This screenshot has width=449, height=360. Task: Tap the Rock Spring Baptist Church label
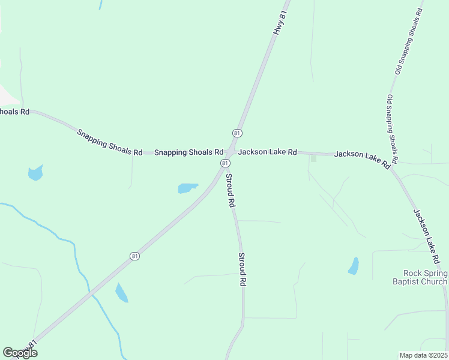[x=420, y=277]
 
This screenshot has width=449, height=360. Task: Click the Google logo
[x=20, y=353]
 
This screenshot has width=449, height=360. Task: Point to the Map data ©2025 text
[x=424, y=355]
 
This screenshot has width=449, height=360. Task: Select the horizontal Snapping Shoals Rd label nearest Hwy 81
[x=188, y=152]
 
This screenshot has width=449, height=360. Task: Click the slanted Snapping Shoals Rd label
[x=109, y=142]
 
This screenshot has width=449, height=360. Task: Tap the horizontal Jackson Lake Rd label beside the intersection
[x=267, y=152]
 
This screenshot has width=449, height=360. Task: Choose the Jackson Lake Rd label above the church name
[x=427, y=236]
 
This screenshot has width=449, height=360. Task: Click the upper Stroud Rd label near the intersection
[x=229, y=190]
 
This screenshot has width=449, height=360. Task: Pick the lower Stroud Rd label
[x=243, y=269]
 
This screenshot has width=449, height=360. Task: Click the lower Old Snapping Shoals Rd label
[x=392, y=130]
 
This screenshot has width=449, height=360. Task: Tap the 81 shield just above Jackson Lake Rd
[x=237, y=133]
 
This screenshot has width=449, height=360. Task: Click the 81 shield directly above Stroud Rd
[x=224, y=163]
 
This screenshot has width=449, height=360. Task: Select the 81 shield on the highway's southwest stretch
[x=134, y=256]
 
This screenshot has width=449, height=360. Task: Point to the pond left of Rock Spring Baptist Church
[x=354, y=266]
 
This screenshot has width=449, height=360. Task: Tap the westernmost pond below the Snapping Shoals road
[x=35, y=173]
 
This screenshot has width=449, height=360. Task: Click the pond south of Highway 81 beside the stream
[x=121, y=293]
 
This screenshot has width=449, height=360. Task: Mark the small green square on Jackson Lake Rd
[x=313, y=158]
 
